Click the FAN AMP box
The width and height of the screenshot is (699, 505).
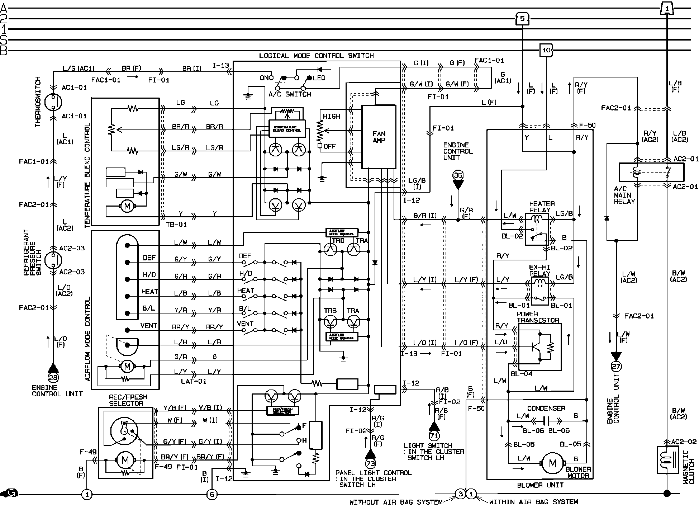point(379,137)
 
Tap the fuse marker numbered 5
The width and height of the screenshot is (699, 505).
point(522,18)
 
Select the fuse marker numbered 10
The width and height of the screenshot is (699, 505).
point(546,50)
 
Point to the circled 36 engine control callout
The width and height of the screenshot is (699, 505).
point(458,175)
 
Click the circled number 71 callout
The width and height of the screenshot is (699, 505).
point(434,435)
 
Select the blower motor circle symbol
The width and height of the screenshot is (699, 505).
point(552,463)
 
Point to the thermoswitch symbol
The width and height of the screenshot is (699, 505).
point(53,102)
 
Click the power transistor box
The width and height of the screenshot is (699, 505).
point(539,346)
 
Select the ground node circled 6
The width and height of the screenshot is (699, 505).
point(212,495)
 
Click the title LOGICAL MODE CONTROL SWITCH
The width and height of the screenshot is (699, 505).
point(316,56)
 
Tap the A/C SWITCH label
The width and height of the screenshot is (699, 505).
point(290,94)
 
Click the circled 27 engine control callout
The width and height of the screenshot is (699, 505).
point(616,366)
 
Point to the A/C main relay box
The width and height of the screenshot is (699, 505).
point(651,173)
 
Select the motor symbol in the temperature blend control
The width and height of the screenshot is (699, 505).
point(126,206)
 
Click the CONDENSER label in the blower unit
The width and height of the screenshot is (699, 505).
point(546,408)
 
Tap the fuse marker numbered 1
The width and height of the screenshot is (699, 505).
point(666,8)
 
